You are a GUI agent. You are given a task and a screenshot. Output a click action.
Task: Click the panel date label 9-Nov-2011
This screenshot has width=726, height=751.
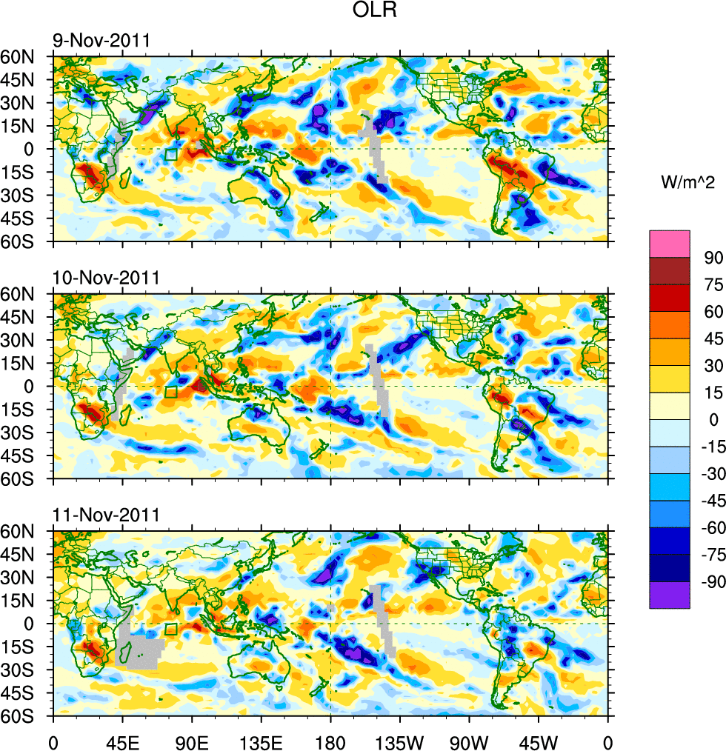pyautogui.click(x=100, y=41)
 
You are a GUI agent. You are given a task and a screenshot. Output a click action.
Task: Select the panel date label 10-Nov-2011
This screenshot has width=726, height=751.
pyautogui.click(x=105, y=278)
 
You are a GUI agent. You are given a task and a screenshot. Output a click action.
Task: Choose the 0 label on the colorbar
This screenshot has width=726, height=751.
pyautogui.click(x=714, y=419)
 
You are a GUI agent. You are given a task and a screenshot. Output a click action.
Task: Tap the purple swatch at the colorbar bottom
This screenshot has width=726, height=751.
pyautogui.click(x=670, y=595)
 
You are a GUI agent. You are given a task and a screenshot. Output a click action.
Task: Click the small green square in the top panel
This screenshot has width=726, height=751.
pyautogui.click(x=171, y=154)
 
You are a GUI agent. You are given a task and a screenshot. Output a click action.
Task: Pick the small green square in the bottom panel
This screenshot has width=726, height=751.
pyautogui.click(x=171, y=629)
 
